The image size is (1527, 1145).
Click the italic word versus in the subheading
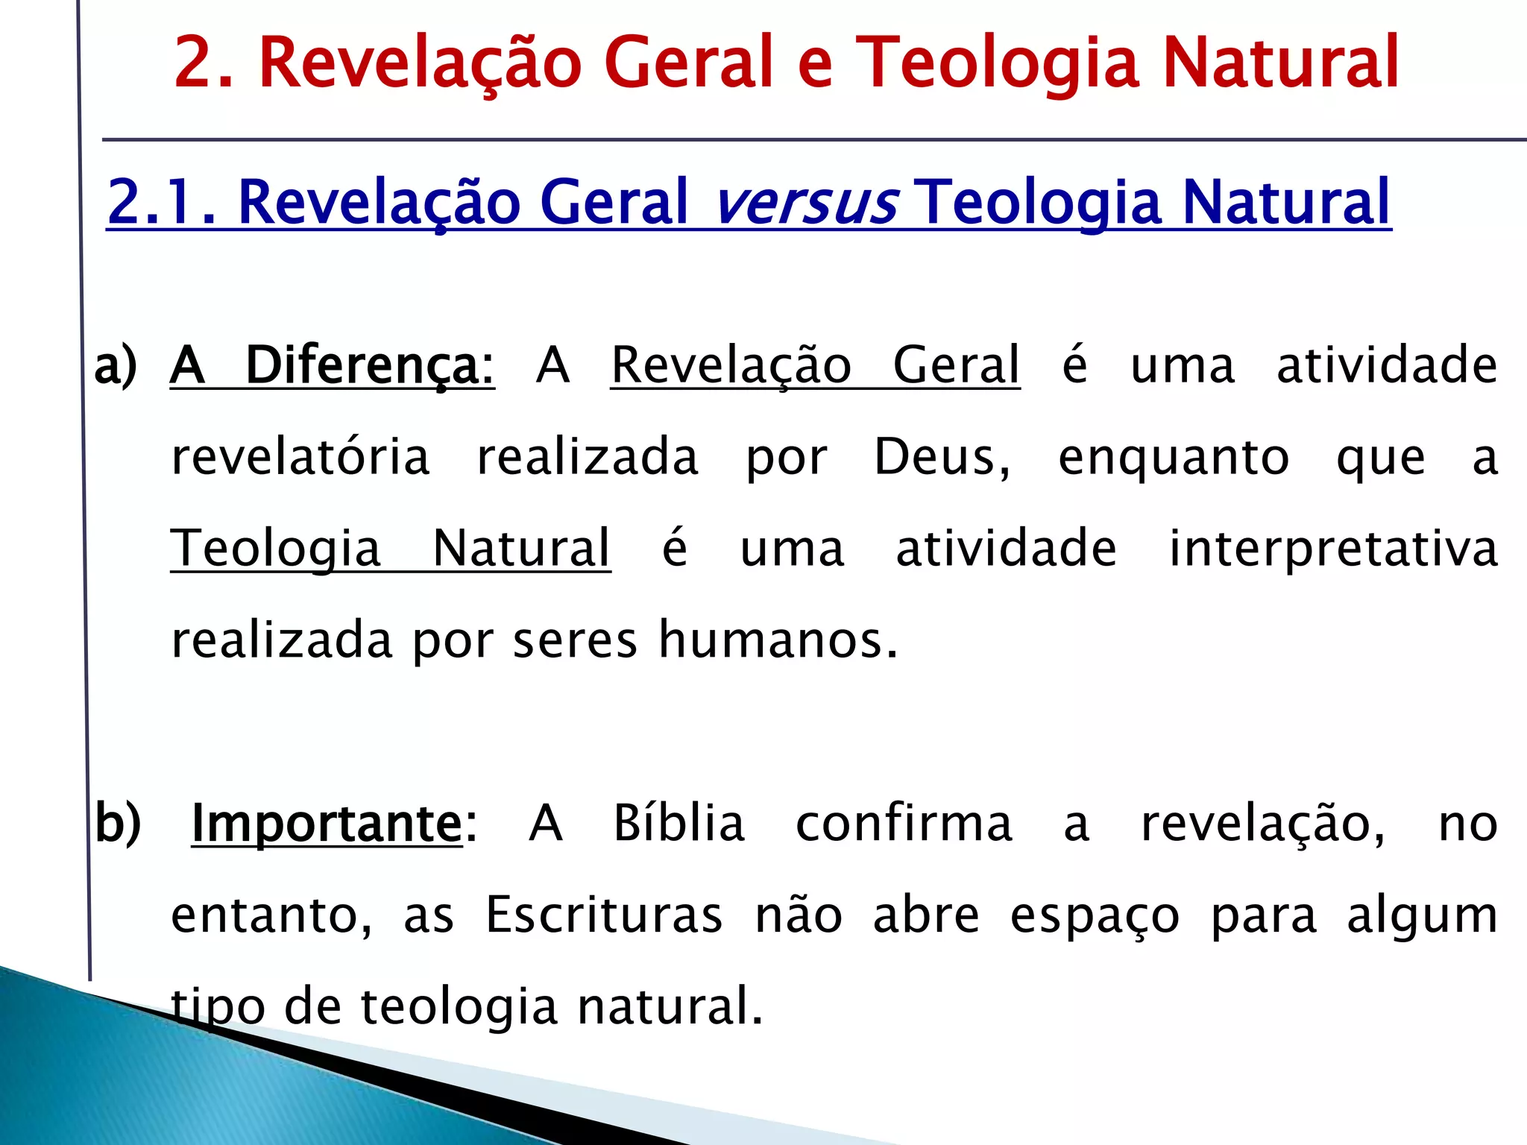click(805, 203)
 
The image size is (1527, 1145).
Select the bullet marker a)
click(116, 365)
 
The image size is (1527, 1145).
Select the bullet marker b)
click(118, 824)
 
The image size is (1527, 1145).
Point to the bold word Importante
click(327, 824)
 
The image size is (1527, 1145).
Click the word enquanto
click(1174, 458)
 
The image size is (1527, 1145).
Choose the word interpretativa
click(1333, 549)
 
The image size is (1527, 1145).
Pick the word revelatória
click(300, 456)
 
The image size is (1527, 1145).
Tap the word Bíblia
click(679, 824)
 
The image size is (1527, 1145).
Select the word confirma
click(904, 824)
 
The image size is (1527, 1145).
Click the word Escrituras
click(604, 915)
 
